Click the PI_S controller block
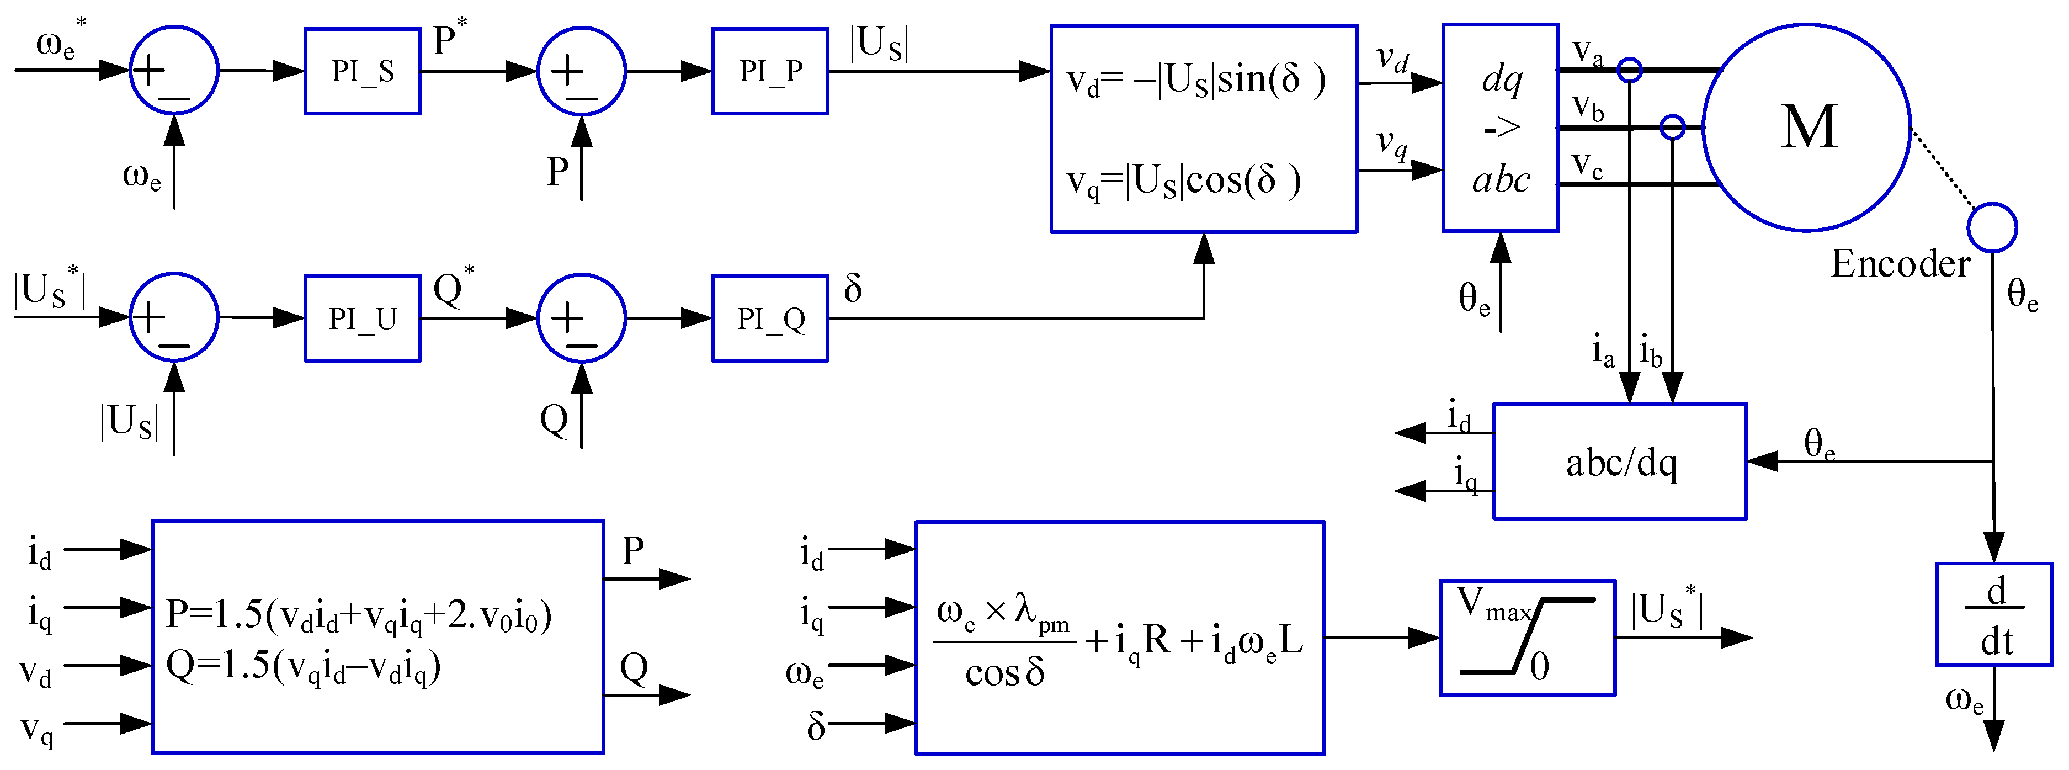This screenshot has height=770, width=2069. pyautogui.click(x=362, y=71)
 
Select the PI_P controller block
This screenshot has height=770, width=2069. pyautogui.click(x=769, y=71)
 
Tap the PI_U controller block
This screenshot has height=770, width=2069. pyautogui.click(x=362, y=318)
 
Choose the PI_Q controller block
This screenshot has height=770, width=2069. pyautogui.click(x=769, y=318)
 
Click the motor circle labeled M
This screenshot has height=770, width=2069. pyautogui.click(x=1806, y=128)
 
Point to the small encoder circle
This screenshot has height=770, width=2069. pyautogui.click(x=1991, y=228)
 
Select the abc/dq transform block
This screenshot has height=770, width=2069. pyautogui.click(x=1619, y=461)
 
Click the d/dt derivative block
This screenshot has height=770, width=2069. pyautogui.click(x=1993, y=614)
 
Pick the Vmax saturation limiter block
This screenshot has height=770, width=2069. pyautogui.click(x=1527, y=638)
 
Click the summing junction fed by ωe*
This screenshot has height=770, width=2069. pyautogui.click(x=173, y=71)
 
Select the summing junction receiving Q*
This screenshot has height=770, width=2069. pyautogui.click(x=581, y=318)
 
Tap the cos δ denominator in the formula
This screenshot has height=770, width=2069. pyautogui.click(x=1004, y=673)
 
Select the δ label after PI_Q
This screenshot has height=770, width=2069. pyautogui.click(x=853, y=288)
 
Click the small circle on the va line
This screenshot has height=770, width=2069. pyautogui.click(x=1629, y=70)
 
